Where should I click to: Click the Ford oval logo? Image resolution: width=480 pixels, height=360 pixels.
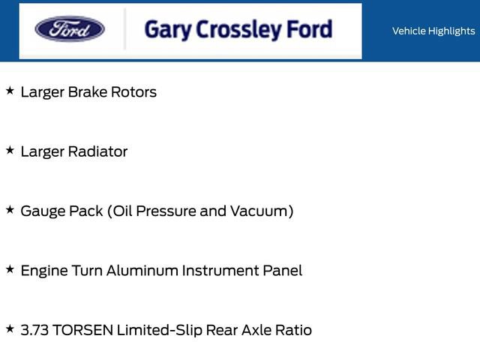(x=70, y=30)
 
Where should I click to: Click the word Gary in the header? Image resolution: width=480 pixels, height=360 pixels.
(x=166, y=30)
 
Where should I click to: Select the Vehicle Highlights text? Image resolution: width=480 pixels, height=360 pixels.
(x=433, y=31)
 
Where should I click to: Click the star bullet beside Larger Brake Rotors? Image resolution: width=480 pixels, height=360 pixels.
(x=10, y=91)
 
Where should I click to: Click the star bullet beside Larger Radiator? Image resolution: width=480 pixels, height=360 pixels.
(x=10, y=150)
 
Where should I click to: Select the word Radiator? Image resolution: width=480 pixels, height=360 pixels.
(x=97, y=151)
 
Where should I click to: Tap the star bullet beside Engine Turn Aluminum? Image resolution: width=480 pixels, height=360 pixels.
(x=10, y=268)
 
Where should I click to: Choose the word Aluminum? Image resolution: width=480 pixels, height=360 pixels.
(x=140, y=271)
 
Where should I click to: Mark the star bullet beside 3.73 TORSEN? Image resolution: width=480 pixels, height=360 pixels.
(x=10, y=328)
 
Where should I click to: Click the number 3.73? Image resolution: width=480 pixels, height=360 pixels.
(x=34, y=330)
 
